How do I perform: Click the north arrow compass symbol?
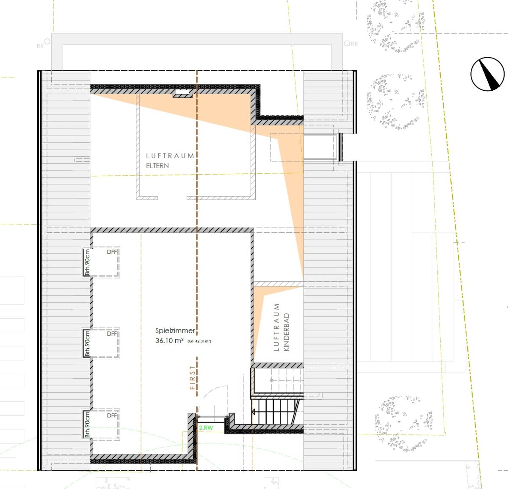(x=487, y=74)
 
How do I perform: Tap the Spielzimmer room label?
(x=175, y=331)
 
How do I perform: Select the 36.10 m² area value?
(x=169, y=341)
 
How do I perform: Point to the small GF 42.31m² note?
(x=199, y=341)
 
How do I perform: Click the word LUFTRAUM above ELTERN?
(x=170, y=156)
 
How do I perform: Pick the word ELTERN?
(x=157, y=166)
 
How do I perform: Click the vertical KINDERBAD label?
(x=286, y=332)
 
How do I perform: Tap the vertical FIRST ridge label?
(x=192, y=378)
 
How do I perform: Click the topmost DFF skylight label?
(x=112, y=252)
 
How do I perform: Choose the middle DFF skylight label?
(x=112, y=334)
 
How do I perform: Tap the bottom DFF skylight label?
(x=112, y=415)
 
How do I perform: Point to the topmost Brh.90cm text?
(x=87, y=262)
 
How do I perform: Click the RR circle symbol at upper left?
(x=47, y=41)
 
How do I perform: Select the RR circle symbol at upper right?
(x=347, y=43)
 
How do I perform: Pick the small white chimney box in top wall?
(x=182, y=92)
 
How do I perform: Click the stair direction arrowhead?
(x=253, y=412)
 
